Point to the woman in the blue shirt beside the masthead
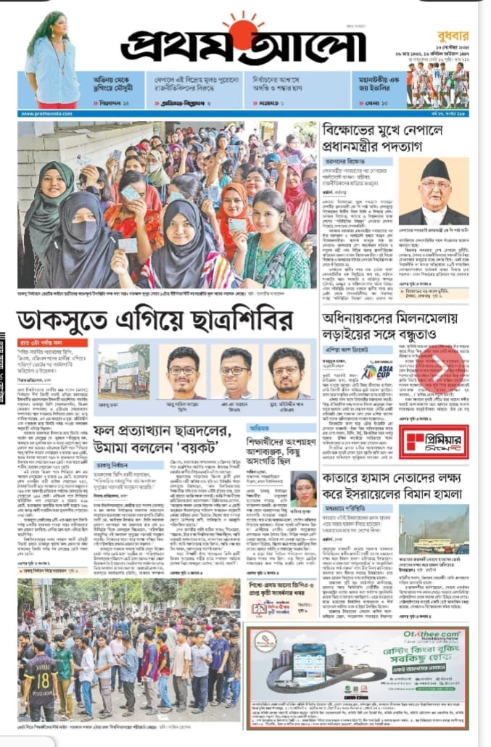51,62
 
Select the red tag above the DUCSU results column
52,343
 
